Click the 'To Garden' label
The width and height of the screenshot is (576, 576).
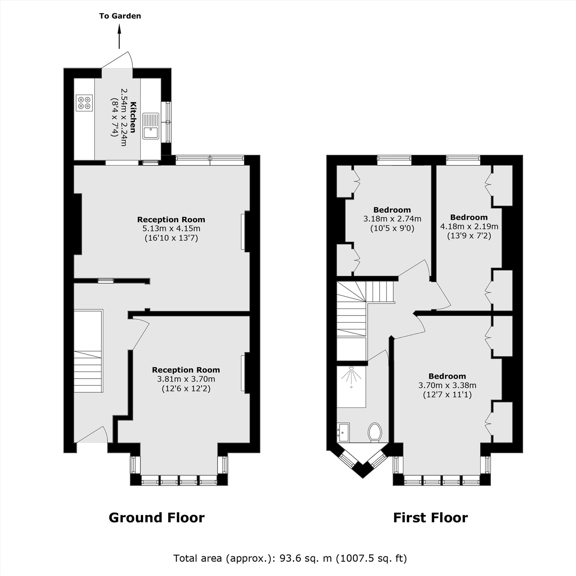click(x=120, y=16)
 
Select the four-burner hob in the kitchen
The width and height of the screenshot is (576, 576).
click(x=84, y=103)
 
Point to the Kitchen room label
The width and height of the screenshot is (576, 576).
click(x=133, y=117)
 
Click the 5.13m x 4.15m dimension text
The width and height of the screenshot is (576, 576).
click(x=171, y=229)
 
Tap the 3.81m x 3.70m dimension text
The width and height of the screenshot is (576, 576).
click(x=186, y=379)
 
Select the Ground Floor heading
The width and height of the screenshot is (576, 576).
click(x=156, y=518)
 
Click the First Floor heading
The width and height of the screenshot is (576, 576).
click(x=430, y=518)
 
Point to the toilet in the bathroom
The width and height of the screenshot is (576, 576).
click(x=375, y=432)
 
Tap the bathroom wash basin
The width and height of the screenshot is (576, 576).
click(x=344, y=432)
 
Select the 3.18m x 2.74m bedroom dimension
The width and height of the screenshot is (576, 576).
click(x=392, y=219)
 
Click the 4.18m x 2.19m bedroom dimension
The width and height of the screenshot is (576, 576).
click(x=469, y=226)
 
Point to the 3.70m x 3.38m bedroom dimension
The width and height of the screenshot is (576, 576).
click(x=447, y=385)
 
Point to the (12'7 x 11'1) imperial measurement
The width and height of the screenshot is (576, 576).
click(x=447, y=395)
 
